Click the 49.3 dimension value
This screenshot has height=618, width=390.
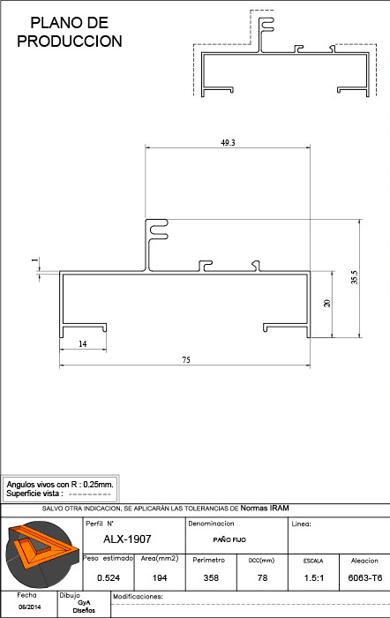[228, 143]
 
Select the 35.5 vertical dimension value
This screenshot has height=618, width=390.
[355, 277]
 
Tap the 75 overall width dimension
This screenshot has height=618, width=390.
[186, 360]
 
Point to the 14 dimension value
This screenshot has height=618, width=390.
[82, 344]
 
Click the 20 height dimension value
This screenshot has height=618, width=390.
[327, 303]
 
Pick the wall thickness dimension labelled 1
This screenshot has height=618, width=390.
[36, 260]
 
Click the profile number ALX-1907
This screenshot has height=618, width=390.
[127, 539]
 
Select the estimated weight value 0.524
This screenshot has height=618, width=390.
[109, 577]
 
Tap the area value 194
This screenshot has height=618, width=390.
[160, 577]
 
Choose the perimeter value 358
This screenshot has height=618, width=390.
[211, 577]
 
